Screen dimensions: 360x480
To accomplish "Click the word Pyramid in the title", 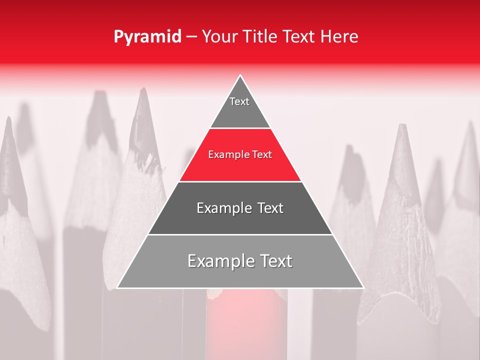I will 147,37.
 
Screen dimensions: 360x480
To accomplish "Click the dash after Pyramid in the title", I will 191,37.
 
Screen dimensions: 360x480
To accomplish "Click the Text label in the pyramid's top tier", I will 239,101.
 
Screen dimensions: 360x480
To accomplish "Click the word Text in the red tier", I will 262,155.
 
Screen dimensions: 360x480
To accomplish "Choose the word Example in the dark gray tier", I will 222,208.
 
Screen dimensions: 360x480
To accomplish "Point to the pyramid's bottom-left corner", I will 117,287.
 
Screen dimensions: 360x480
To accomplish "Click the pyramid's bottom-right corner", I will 363,287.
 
